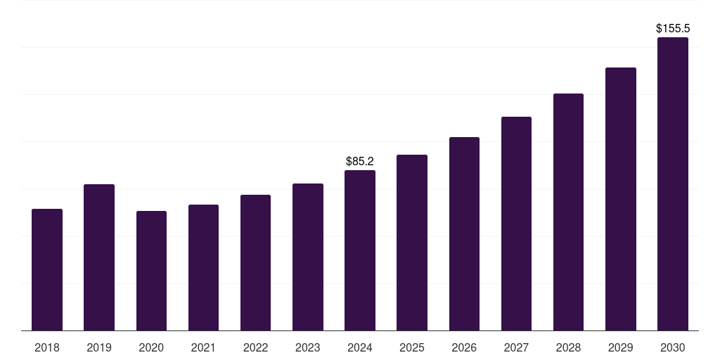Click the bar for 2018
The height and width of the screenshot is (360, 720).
pos(47,270)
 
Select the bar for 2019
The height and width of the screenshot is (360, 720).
pos(99,257)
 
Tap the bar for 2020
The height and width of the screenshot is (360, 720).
pos(151,271)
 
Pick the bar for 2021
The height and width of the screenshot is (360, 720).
pos(203,268)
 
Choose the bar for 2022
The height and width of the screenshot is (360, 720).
pos(255,263)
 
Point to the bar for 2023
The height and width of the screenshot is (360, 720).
pos(308,257)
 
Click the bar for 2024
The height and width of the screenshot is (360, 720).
pos(360,250)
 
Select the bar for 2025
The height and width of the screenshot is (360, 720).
pos(412,243)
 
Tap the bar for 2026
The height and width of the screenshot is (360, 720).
pos(464,234)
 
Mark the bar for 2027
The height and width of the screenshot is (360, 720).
pos(516,224)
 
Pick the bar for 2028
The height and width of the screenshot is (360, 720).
pos(568,212)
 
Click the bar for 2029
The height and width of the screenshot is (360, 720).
pos(621,199)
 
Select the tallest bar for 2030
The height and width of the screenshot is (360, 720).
pos(673,184)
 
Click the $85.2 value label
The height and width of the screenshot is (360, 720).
pos(360,162)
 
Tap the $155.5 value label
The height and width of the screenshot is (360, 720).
pos(673,29)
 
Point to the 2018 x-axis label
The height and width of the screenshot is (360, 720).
pos(47,347)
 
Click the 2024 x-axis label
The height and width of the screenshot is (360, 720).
pos(360,347)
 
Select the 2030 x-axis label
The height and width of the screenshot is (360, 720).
pos(673,347)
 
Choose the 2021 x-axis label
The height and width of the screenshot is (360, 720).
pos(203,347)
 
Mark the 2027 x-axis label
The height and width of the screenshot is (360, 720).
pos(516,347)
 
